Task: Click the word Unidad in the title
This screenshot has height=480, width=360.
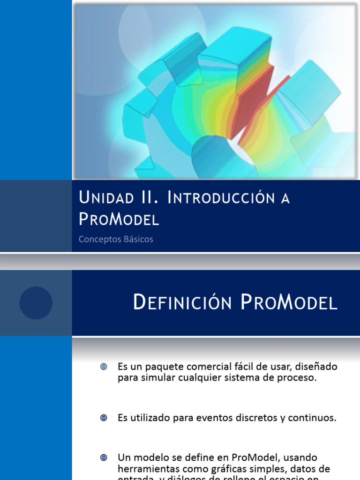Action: click(x=105, y=198)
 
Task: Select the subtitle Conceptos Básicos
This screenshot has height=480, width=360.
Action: click(x=116, y=239)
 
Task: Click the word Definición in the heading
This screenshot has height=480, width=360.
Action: click(x=183, y=303)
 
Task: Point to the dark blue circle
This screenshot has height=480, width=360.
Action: click(x=36, y=303)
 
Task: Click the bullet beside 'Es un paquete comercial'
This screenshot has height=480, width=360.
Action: click(x=104, y=367)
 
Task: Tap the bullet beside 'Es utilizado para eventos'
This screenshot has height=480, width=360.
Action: click(x=104, y=418)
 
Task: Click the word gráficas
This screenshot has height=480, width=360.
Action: click(x=217, y=469)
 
